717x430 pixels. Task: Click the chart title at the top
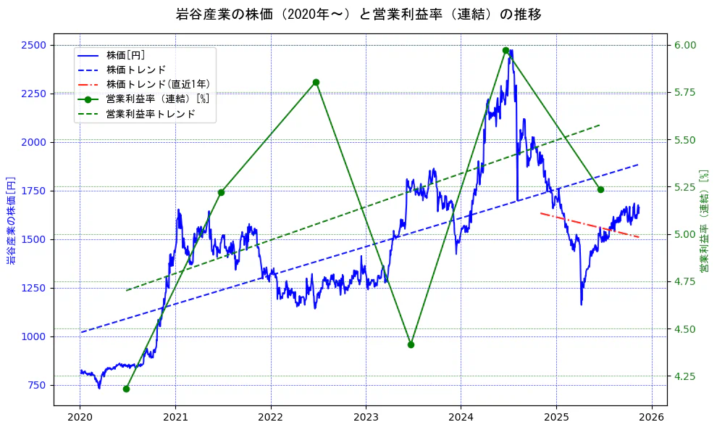click(358, 14)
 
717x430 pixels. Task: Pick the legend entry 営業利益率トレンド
click(150, 114)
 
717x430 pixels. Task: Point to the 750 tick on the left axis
click(38, 385)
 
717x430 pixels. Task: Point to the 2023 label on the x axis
click(366, 418)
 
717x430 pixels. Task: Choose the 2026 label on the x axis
click(651, 418)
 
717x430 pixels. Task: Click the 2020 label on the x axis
click(80, 418)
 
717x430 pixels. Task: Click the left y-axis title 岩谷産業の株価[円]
click(11, 220)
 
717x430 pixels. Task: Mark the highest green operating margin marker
click(506, 51)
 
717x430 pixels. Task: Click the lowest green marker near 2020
click(126, 389)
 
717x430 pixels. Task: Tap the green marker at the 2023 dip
click(411, 344)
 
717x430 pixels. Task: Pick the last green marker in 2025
click(600, 189)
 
